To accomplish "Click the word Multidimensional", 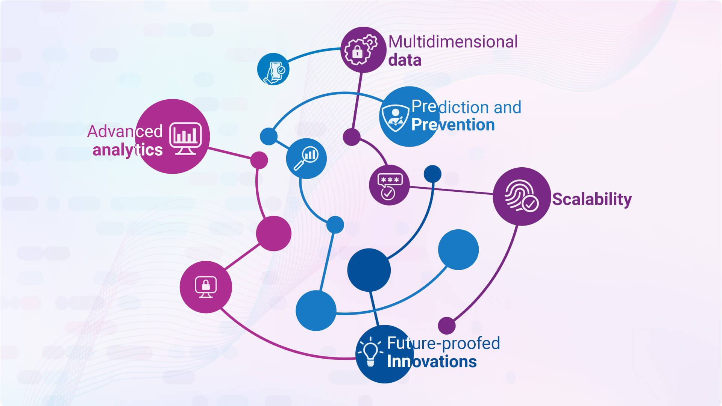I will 453,42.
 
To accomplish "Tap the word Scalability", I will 592,199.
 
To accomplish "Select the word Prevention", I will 453,125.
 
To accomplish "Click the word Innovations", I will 432,361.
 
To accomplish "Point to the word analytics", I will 127,150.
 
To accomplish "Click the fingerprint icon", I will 521,196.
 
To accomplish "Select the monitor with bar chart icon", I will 185,138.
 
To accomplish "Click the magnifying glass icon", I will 306,158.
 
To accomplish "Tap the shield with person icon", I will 395,117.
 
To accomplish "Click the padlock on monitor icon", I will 206,287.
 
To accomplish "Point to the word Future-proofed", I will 443,343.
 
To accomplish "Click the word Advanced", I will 125,132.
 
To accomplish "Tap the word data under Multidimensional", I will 405,60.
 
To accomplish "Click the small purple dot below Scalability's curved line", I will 447,325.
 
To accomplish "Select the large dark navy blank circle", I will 369,270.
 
